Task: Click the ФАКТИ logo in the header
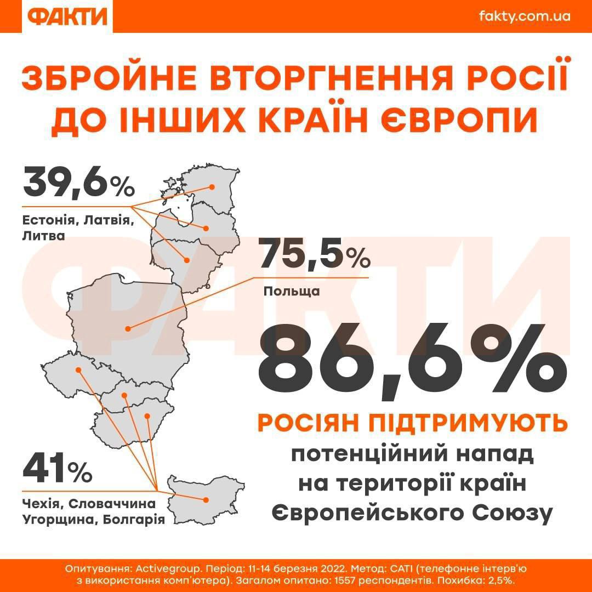pyautogui.click(x=67, y=16)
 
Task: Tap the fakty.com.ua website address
pyautogui.click(x=525, y=16)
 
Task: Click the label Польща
pyautogui.click(x=292, y=291)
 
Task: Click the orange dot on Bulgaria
pyautogui.click(x=206, y=499)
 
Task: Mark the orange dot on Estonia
pyautogui.click(x=212, y=187)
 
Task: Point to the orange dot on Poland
pyautogui.click(x=128, y=329)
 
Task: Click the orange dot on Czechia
pyautogui.click(x=78, y=370)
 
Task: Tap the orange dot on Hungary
pyautogui.click(x=147, y=416)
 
